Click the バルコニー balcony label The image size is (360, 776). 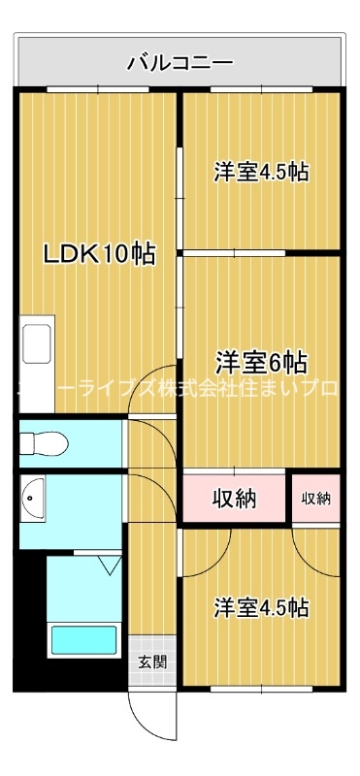180,64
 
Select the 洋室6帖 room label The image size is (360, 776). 261,363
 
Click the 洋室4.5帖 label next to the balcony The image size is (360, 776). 261,173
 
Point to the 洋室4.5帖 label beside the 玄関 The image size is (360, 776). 261,608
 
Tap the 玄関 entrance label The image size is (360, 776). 151,663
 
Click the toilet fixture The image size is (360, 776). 45,444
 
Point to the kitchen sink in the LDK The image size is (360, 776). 37,345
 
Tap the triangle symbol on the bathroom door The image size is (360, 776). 107,563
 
